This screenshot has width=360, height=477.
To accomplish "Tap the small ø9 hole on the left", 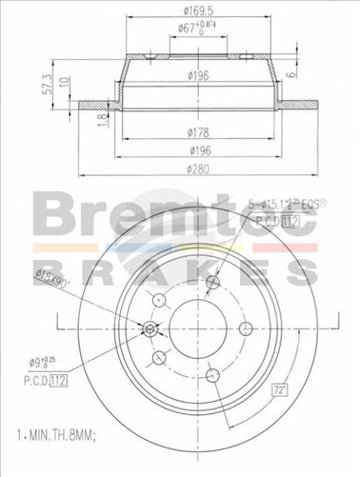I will (x=150, y=328).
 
